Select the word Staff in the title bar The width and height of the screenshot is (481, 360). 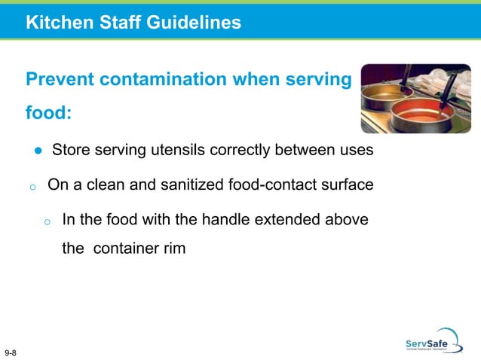114,23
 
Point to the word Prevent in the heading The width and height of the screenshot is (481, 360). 59,79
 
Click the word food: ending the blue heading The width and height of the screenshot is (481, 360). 49,114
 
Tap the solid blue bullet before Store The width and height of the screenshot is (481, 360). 37,151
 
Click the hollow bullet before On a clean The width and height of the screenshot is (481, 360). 32,186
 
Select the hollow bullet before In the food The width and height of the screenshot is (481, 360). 47,221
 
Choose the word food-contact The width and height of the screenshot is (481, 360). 272,185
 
